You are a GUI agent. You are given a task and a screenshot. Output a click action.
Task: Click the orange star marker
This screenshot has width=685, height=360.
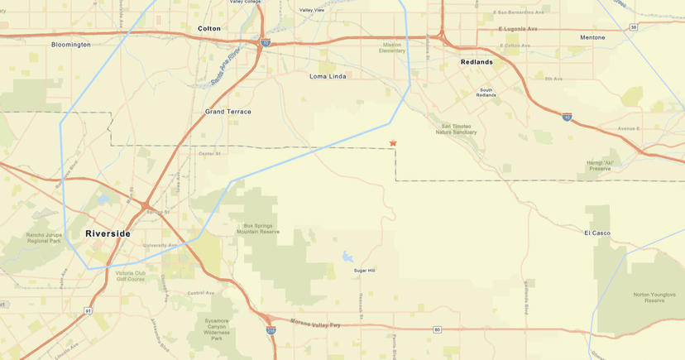(393, 143)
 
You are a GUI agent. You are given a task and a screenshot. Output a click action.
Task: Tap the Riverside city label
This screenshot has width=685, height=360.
(108, 234)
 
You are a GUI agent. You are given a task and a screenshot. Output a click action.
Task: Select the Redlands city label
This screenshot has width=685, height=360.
(477, 62)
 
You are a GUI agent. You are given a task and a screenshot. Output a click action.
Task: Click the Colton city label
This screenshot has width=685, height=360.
(209, 28)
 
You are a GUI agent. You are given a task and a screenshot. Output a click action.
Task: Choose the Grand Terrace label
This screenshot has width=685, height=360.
(228, 111)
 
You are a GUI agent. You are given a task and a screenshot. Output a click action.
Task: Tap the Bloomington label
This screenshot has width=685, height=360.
(71, 44)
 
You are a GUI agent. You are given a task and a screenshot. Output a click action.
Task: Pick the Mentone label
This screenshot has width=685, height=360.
(592, 37)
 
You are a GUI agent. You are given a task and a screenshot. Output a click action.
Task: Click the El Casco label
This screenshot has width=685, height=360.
(596, 233)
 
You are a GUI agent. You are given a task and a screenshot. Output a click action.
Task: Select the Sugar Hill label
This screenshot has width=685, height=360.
(365, 271)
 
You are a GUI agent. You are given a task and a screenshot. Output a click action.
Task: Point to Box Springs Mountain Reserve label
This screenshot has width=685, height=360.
(261, 228)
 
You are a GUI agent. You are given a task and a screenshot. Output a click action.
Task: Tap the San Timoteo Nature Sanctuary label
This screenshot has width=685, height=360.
(456, 129)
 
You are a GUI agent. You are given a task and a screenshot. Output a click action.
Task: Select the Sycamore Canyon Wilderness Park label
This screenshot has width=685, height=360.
(216, 329)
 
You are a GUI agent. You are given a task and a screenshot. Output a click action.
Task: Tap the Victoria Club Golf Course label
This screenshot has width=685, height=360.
(130, 276)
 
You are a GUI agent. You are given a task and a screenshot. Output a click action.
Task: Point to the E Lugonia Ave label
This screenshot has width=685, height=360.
(519, 29)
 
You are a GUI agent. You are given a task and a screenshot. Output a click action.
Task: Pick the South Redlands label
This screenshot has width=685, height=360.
(486, 92)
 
